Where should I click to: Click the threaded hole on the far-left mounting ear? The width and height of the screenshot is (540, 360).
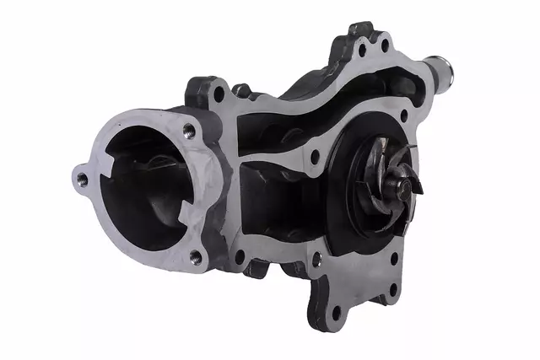(82, 179)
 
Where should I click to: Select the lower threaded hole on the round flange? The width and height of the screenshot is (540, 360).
(195, 255)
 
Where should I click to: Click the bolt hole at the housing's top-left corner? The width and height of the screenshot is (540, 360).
(219, 93)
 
